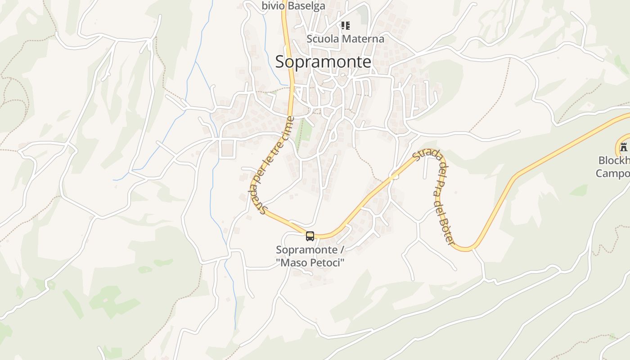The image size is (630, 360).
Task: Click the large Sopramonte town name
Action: (323, 62)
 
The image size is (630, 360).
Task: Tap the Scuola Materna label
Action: (345, 39)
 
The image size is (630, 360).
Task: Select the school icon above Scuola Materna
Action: (345, 26)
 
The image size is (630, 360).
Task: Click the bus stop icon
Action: (310, 236)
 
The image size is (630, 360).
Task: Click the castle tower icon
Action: (623, 147)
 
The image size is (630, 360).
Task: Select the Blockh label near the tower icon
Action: (614, 161)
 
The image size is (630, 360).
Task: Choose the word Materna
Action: (362, 39)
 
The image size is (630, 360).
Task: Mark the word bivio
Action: (273, 5)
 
